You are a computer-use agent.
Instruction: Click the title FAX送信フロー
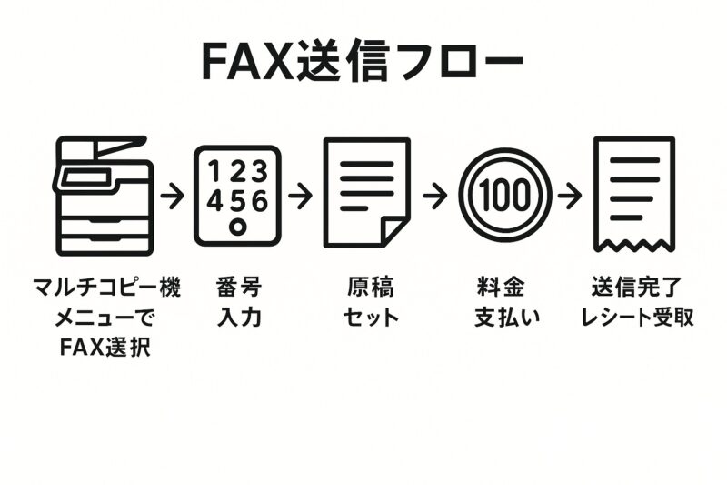point(363,62)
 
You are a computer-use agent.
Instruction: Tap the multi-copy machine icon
point(105,195)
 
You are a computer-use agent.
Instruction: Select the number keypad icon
point(237,195)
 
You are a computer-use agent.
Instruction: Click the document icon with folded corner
point(367,193)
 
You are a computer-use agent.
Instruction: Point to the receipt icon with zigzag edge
point(633,193)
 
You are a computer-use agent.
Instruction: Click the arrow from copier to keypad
point(172,195)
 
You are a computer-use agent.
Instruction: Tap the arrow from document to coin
point(434,195)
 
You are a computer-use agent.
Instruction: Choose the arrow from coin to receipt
point(569,195)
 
